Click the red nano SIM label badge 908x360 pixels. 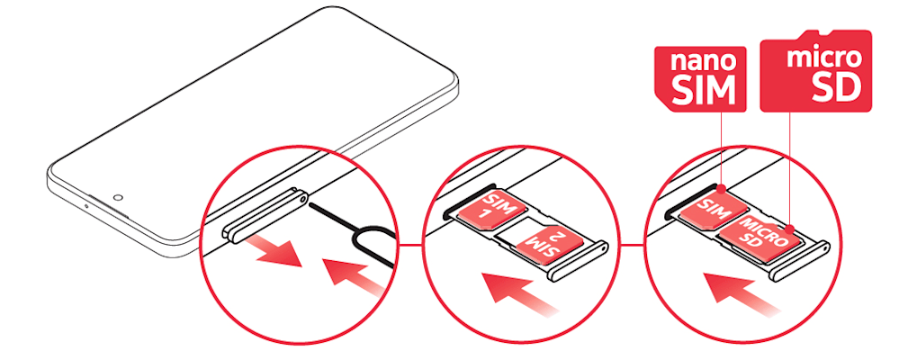[x=699, y=78]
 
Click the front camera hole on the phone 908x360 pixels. [x=118, y=197]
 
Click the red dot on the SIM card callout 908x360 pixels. [x=721, y=189]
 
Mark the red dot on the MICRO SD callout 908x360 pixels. [x=790, y=228]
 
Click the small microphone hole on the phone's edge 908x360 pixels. [x=86, y=205]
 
